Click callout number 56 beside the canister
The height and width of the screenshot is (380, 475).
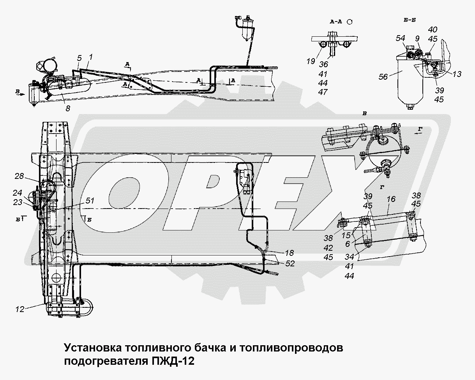(383, 77)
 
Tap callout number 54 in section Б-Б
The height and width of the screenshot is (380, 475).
(400, 38)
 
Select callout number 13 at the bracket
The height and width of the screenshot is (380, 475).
(457, 74)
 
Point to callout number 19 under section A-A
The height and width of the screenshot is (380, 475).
(311, 61)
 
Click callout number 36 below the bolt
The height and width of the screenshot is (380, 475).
(323, 64)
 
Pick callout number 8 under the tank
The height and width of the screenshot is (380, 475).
(68, 108)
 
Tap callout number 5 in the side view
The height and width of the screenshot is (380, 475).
(79, 58)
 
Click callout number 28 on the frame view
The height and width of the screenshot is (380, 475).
(19, 176)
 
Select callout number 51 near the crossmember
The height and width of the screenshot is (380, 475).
(90, 201)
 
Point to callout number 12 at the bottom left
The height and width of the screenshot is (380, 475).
(19, 309)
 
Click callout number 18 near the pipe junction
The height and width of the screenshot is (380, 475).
(289, 253)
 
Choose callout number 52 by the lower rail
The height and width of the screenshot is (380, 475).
(290, 264)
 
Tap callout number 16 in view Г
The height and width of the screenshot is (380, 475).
(391, 199)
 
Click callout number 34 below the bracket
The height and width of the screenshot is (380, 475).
(349, 257)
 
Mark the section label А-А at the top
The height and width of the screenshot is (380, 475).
(336, 22)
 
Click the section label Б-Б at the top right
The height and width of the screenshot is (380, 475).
(410, 20)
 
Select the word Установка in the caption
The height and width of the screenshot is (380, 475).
(93, 348)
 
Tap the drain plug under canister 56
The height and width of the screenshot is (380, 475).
(410, 107)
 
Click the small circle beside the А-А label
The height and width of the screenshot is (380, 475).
(350, 22)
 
